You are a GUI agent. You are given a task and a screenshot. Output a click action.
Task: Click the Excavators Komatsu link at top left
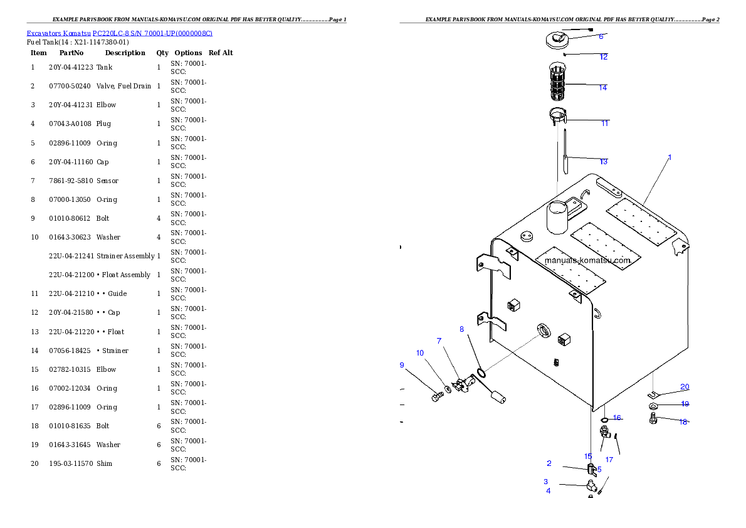point(119,33)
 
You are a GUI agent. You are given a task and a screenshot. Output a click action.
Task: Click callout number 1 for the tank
point(670,157)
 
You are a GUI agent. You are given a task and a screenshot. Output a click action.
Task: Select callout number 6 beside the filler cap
point(601,36)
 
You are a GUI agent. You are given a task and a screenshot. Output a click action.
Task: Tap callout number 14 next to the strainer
point(602,88)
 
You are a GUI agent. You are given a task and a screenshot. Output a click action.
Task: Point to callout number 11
point(605,124)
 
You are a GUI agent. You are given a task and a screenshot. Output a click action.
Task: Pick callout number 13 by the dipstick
point(604,162)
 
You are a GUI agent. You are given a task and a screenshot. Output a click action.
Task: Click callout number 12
point(604,57)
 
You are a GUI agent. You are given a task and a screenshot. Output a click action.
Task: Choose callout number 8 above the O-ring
point(462,329)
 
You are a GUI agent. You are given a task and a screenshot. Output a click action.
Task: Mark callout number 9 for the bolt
point(402,365)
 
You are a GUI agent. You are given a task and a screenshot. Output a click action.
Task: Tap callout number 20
point(685,387)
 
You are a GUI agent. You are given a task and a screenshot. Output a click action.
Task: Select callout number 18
point(683,422)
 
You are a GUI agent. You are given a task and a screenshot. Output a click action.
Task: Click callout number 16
point(617,418)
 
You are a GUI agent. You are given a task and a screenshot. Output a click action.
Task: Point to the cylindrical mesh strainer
point(557,82)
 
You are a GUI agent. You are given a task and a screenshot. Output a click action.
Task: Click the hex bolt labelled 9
point(437,397)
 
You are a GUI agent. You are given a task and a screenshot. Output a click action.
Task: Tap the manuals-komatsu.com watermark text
point(587,260)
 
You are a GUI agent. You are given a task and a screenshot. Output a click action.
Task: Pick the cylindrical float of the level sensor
point(499,396)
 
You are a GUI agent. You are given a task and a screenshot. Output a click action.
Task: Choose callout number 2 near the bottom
point(549,463)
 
